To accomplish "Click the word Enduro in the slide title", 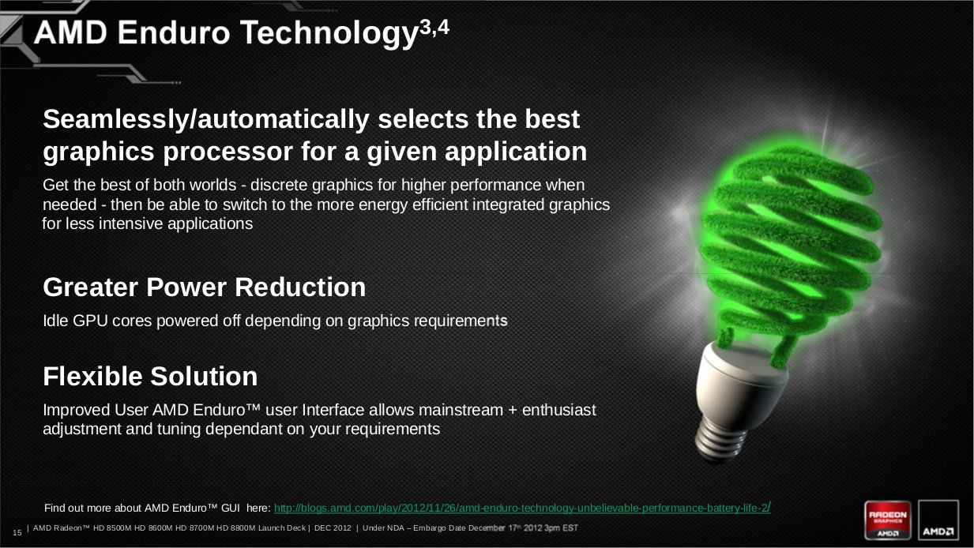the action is click(174, 32).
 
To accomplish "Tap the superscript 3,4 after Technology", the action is click(434, 28).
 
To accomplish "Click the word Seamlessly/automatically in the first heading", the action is click(206, 120).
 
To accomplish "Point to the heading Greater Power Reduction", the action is click(205, 287).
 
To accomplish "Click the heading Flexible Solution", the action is click(150, 377).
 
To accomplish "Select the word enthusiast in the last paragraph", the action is click(558, 410).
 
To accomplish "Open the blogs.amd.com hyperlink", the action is click(522, 508).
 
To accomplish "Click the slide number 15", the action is click(17, 532).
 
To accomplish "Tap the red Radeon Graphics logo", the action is click(887, 520).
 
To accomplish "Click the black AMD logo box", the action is click(938, 520).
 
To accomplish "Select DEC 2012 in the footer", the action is click(333, 528).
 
